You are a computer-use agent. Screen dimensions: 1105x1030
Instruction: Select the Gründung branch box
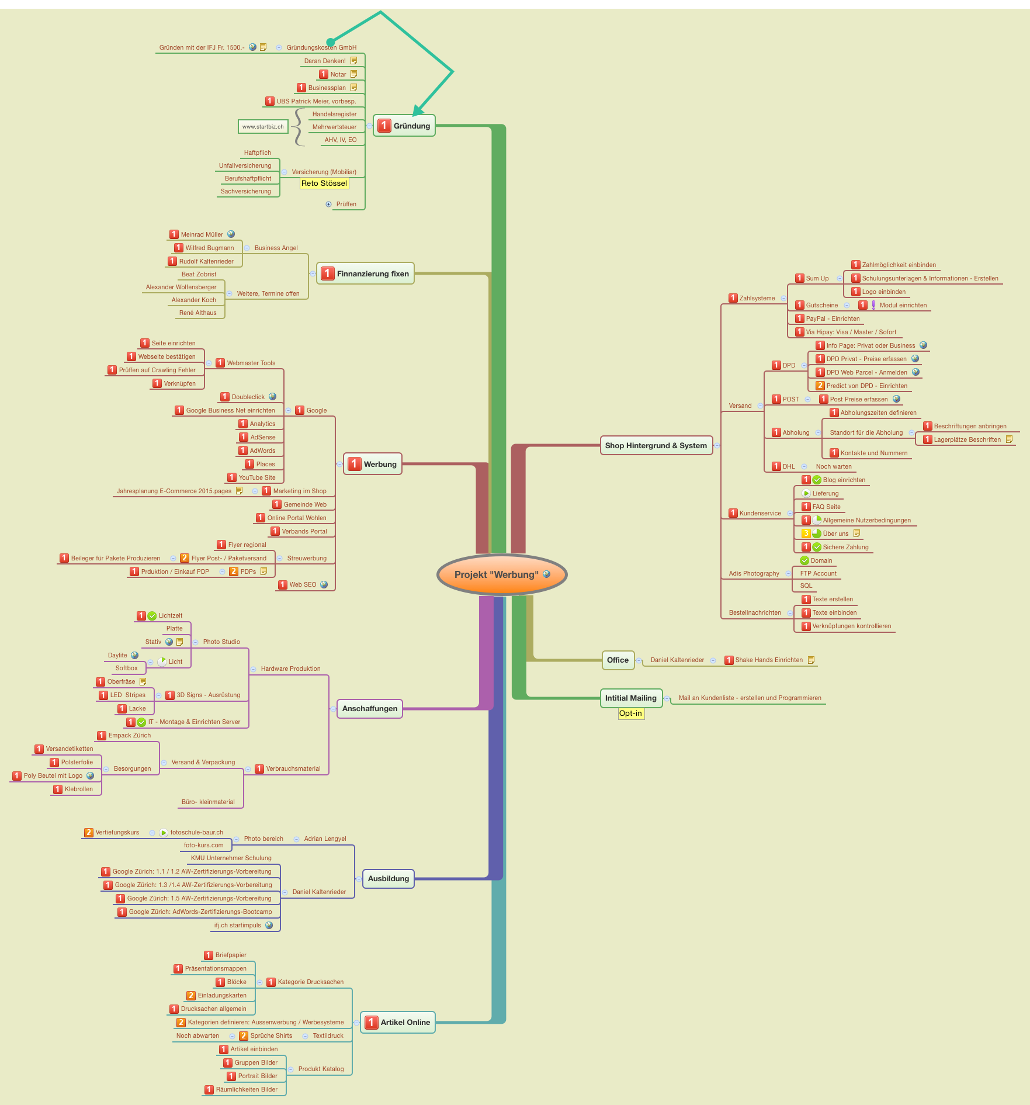tap(404, 126)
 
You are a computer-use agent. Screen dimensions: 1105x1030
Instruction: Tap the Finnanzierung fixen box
tap(365, 273)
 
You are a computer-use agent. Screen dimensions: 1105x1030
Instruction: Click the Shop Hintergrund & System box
tap(656, 445)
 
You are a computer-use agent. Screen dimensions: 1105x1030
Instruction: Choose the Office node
tap(618, 660)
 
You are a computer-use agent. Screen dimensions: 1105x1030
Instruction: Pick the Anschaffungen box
tap(369, 709)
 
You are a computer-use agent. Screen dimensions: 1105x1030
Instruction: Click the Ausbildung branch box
tap(388, 879)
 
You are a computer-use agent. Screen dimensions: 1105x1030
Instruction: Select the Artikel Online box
tap(398, 1023)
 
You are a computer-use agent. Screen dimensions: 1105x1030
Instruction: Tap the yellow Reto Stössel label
tap(324, 183)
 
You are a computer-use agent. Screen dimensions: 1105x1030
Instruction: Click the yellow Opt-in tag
tap(631, 713)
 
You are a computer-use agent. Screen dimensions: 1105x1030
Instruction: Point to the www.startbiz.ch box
tap(263, 127)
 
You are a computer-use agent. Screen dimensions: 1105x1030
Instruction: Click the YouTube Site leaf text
tap(257, 478)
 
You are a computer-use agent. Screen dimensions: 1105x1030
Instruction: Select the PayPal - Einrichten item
tap(833, 319)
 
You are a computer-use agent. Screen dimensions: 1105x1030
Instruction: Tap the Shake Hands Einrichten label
tap(769, 660)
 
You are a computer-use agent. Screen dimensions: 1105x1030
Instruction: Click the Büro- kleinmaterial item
tap(208, 802)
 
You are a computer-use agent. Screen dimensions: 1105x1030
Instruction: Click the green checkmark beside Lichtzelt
tap(152, 616)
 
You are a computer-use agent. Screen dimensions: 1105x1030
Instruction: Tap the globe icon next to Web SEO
tap(324, 584)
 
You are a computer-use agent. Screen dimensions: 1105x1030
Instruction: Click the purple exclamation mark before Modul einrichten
tap(873, 305)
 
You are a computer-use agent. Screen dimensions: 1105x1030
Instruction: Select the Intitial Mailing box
tap(631, 698)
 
